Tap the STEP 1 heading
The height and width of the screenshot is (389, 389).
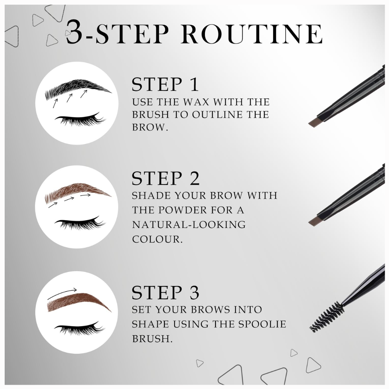pos(165,85)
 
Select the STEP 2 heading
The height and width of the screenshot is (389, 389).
pos(165,179)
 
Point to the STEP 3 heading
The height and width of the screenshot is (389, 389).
pos(165,293)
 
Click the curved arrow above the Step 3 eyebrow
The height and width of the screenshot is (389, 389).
pos(63,294)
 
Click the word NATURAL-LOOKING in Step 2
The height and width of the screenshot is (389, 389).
pos(189,225)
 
